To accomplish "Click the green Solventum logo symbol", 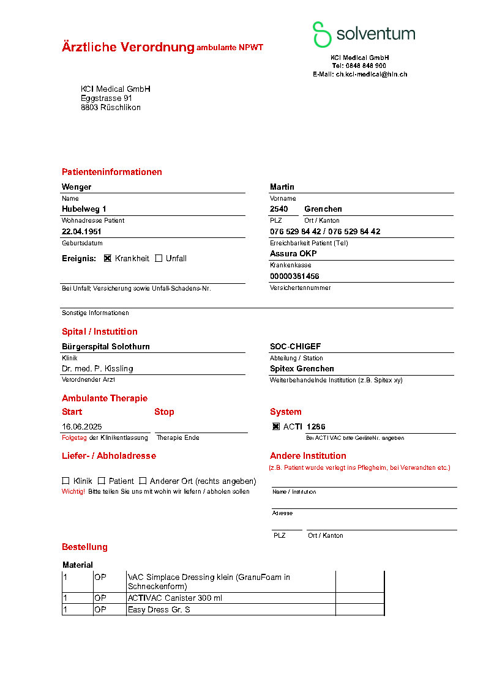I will pyautogui.click(x=322, y=34).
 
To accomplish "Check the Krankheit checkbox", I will pyautogui.click(x=108, y=258).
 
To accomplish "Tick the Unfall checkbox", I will pyautogui.click(x=159, y=258).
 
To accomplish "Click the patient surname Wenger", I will pyautogui.click(x=77, y=187).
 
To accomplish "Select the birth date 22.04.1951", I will pyautogui.click(x=81, y=232).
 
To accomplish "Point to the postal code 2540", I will pyautogui.click(x=279, y=209).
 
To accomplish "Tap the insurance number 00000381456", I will pyautogui.click(x=294, y=277).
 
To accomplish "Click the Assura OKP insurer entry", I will pyautogui.click(x=293, y=254).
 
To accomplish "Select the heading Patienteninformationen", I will pyautogui.click(x=112, y=172).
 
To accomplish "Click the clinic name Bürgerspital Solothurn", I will pyautogui.click(x=106, y=347).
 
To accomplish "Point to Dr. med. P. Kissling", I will pyautogui.click(x=97, y=369).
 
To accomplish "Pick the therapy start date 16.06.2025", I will pyautogui.click(x=82, y=426).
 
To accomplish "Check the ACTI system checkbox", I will pyautogui.click(x=276, y=426).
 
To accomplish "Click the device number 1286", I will pyautogui.click(x=316, y=426).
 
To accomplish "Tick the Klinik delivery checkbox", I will pyautogui.click(x=65, y=481).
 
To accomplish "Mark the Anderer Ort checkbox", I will pyautogui.click(x=143, y=481).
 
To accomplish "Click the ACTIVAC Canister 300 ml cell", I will pyautogui.click(x=175, y=598).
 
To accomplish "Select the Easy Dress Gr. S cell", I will pyautogui.click(x=159, y=610).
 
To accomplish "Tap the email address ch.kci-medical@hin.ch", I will pyautogui.click(x=371, y=74).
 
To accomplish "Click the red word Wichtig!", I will pyautogui.click(x=73, y=492).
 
